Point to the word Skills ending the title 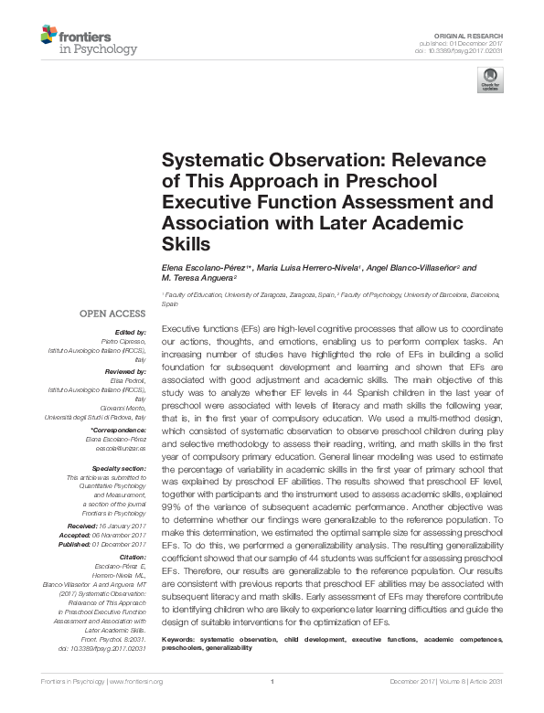[186, 244]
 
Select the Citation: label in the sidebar [131, 556]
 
